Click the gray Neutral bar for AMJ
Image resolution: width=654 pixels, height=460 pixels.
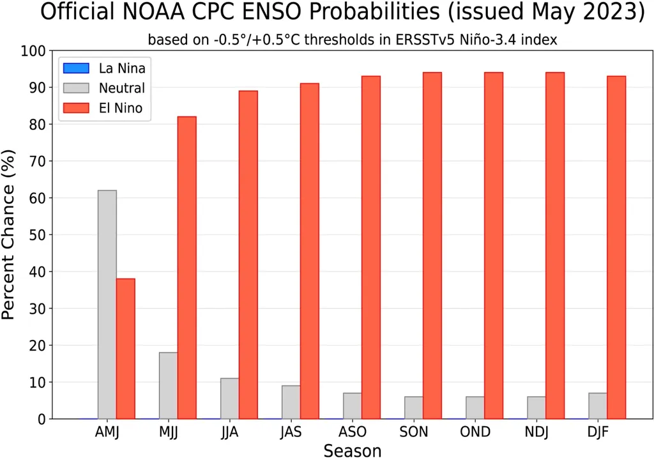107,305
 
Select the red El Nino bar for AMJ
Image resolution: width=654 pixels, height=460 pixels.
126,349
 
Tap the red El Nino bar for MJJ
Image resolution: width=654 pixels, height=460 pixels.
187,268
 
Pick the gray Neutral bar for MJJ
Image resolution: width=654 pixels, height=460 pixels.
169,386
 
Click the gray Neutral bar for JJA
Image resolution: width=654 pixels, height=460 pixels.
230,399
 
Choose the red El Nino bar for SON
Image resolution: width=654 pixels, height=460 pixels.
432,246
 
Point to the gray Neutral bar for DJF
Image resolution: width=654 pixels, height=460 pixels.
598,406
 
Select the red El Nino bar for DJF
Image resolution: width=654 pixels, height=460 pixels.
616,248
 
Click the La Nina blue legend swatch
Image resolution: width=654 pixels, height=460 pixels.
76,68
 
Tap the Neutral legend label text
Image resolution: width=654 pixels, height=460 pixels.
122,89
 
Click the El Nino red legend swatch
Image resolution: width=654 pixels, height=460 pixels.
76,109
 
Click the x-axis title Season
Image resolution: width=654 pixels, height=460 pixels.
353,451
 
